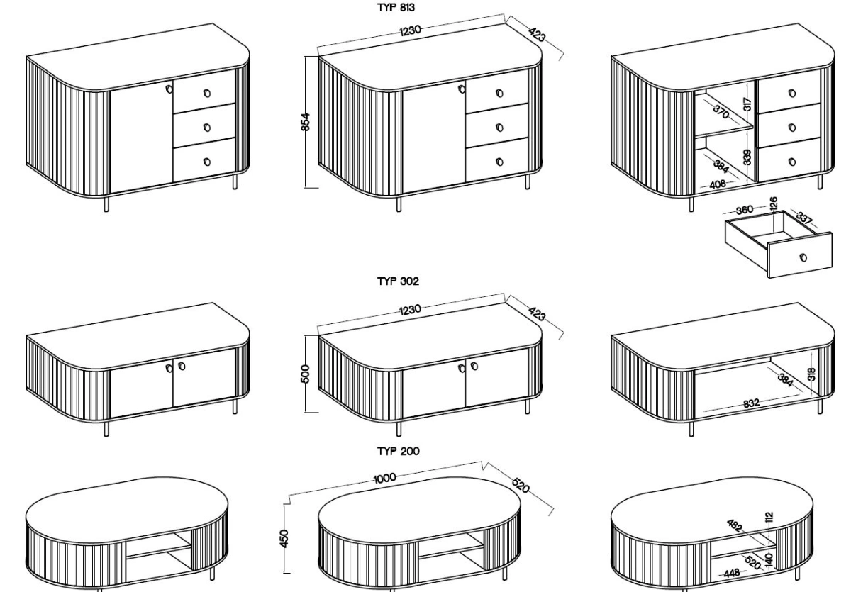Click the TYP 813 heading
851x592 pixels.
396,8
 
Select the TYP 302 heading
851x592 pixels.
398,281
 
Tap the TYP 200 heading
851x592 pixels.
399,451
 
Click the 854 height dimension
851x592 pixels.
306,122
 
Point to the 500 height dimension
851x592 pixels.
306,374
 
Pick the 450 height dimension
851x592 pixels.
284,539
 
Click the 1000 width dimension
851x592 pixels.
385,479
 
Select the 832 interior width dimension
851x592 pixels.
751,403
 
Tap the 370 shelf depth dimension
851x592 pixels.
721,111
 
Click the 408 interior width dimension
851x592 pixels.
718,184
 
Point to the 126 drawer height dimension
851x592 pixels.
773,203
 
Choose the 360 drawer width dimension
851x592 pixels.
745,210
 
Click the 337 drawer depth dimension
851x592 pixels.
804,218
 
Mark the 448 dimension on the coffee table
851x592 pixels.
732,573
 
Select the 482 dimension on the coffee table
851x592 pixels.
734,525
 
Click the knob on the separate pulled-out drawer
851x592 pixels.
803,257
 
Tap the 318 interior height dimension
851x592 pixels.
811,374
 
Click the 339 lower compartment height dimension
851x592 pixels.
747,157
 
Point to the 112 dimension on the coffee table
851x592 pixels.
769,517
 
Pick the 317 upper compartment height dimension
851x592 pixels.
747,104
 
